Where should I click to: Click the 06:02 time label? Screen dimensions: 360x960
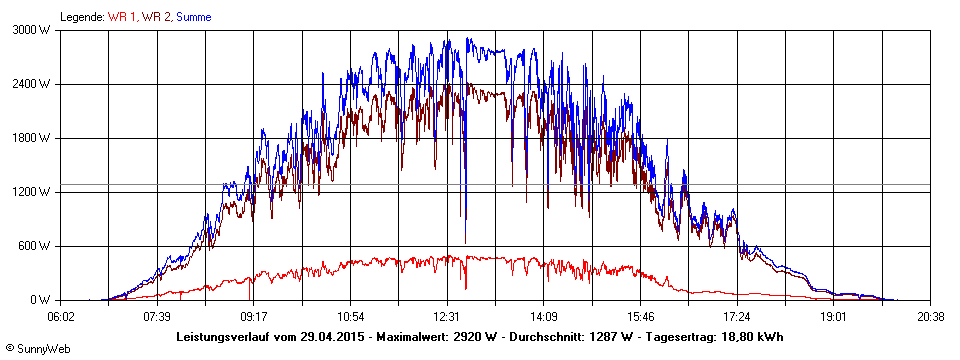click(61, 315)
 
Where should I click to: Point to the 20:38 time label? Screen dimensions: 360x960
click(917, 315)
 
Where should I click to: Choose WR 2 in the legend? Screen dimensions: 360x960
click(157, 17)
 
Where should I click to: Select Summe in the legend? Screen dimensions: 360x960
click(194, 17)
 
